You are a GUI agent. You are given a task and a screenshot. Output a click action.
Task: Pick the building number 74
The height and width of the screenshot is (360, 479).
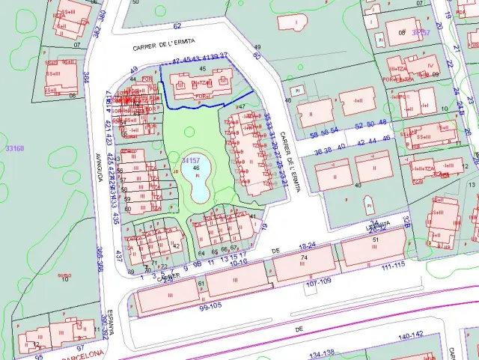pos(304,258)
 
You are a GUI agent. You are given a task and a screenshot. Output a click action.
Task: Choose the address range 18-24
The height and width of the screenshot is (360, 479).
pos(308,246)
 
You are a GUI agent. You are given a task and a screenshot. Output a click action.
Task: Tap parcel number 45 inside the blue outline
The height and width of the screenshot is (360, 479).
pos(202,69)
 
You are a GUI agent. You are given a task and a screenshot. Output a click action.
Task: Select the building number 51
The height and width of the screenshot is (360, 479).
pos(376,240)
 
